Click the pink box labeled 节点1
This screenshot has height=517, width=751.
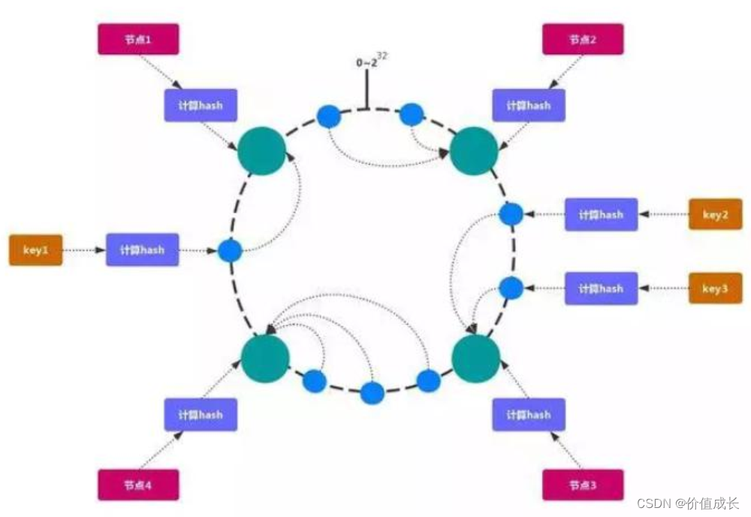pos(138,39)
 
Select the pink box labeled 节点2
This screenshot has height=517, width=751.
pos(583,39)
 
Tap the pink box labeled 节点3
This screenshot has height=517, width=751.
pos(583,485)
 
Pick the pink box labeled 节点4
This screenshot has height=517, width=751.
pos(138,485)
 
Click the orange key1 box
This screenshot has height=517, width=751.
pos(35,250)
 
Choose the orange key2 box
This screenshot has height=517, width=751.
pos(715,214)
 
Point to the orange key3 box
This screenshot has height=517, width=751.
pos(715,288)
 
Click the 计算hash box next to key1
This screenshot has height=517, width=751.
pos(142,249)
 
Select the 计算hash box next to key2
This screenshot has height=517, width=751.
pos(601,214)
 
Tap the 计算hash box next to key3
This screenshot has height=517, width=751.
pos(601,288)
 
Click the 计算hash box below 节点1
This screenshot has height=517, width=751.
pos(201,105)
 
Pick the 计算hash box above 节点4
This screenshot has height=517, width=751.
pos(201,414)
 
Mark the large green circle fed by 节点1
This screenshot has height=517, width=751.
pos(262,152)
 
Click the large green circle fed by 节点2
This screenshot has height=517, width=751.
pos(474,152)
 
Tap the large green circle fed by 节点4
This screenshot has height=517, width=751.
pos(265,358)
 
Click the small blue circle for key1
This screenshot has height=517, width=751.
pos(229,250)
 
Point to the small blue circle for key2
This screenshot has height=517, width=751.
pos(511,214)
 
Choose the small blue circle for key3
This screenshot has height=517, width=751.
pos(511,288)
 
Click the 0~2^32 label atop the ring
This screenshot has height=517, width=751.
pos(373,62)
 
